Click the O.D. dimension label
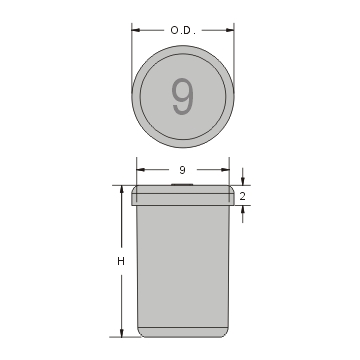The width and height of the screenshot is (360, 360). tap(182, 30)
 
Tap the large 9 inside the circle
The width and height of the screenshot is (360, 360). tap(182, 96)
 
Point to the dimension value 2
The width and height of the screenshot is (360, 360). tap(243, 196)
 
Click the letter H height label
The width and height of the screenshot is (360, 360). tap(120, 262)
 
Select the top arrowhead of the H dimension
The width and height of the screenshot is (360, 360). tap(120, 189)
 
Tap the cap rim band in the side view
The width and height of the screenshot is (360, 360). tap(182, 196)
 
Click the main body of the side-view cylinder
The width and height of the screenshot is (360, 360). tap(182, 265)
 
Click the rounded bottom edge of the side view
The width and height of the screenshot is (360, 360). tap(182, 331)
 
